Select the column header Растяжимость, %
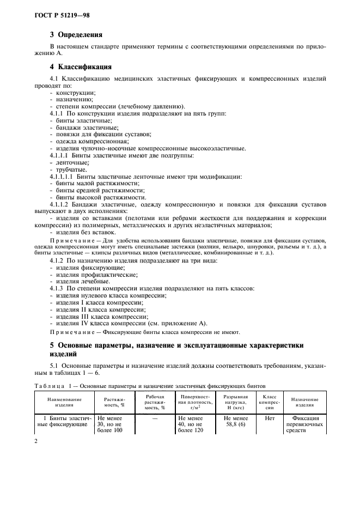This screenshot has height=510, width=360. [x=114, y=403]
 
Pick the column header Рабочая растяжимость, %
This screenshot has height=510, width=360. [x=155, y=403]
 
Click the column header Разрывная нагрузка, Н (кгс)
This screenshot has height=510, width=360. [x=231, y=403]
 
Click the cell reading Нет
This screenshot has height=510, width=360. [x=269, y=418]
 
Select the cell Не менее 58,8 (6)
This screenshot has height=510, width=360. [x=231, y=422]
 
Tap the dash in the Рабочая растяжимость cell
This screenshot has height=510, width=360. [x=155, y=418]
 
